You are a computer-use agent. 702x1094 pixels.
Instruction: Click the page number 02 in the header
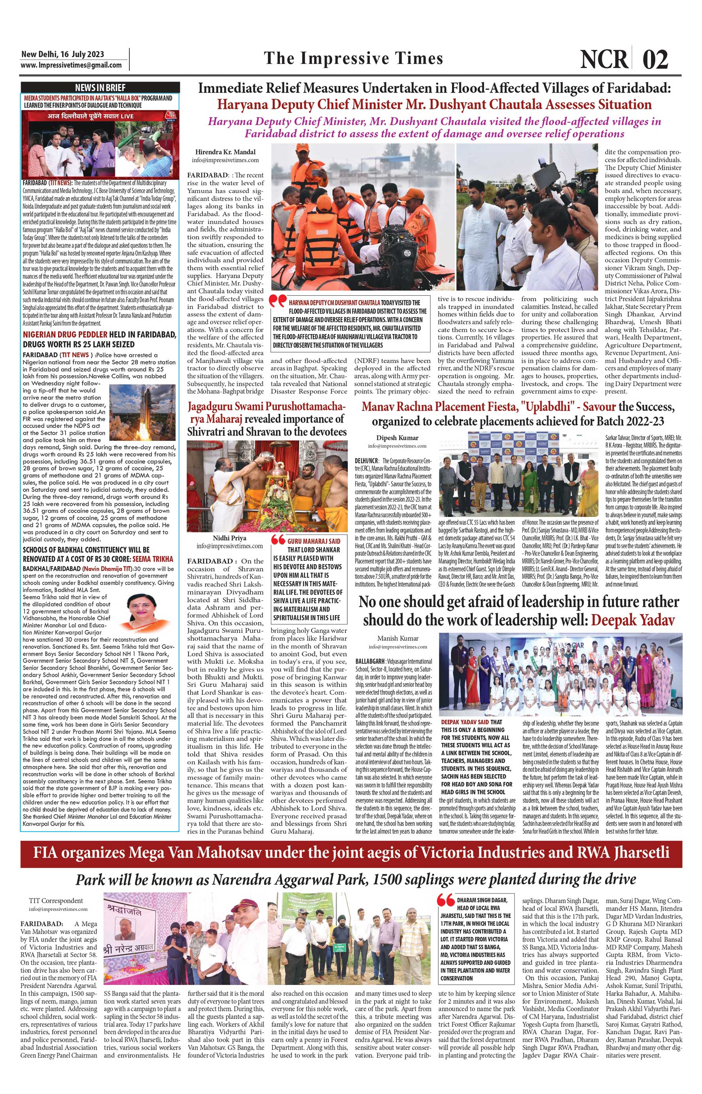tap(655, 59)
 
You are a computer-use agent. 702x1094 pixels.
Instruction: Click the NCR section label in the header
tap(604, 59)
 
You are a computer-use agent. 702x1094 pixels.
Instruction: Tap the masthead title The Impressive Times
tap(353, 59)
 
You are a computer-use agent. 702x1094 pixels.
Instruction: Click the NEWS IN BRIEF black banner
tap(100, 87)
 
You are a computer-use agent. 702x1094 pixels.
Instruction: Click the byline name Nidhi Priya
tap(229, 538)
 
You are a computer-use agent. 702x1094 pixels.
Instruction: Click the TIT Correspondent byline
tap(56, 900)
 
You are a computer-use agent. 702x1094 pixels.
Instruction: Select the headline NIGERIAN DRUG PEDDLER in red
tap(65, 334)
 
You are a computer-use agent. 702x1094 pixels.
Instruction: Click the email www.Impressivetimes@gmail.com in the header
tap(71, 65)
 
